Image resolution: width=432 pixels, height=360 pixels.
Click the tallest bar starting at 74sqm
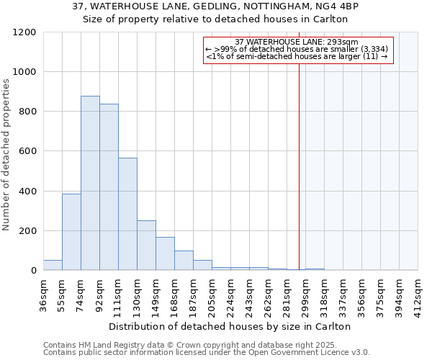tap(90, 183)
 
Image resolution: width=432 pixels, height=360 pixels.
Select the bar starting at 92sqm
tap(109, 187)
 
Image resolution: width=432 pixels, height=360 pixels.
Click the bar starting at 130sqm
tap(146, 246)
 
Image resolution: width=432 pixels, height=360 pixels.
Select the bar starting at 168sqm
tap(184, 261)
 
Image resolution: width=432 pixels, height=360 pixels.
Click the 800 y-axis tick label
tap(27, 112)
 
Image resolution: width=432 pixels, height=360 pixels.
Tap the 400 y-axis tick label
tap(27, 192)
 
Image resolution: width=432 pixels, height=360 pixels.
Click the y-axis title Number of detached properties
tap(6, 156)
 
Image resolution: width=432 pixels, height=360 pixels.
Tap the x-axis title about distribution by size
tap(230, 326)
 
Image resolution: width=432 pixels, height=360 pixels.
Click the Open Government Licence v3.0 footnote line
tap(207, 353)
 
